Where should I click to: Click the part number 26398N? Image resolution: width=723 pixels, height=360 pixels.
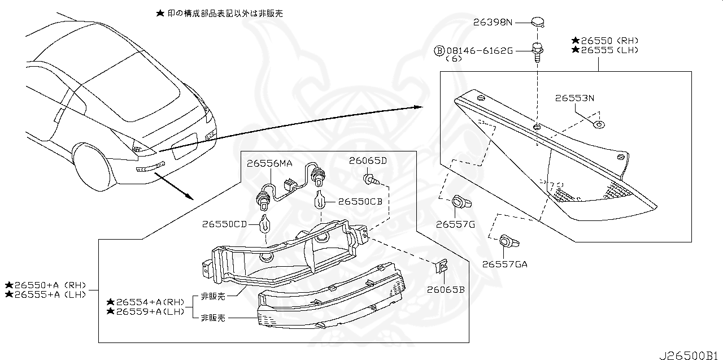coord(493,23)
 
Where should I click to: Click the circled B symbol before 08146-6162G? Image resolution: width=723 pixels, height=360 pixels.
coord(439,51)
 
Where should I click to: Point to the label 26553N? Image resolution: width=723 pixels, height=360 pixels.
coord(574,98)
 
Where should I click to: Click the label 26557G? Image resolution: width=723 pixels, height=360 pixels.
coord(455,224)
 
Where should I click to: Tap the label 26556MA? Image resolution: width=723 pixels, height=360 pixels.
coord(269,163)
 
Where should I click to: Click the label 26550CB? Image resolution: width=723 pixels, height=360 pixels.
coord(360,201)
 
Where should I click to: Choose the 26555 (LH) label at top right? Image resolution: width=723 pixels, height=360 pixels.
coord(605,50)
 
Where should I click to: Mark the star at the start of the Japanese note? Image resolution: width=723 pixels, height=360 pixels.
coord(160,12)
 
